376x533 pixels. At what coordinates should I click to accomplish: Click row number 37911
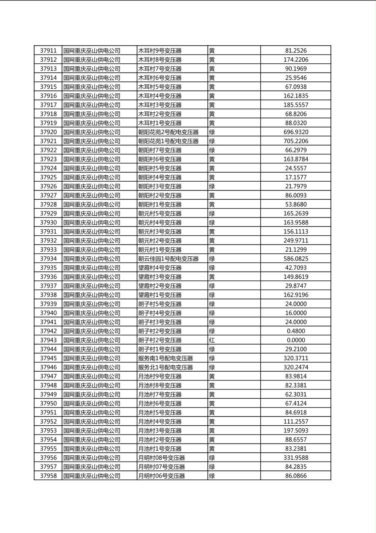48,51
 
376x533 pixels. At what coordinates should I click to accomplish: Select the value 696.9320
295,132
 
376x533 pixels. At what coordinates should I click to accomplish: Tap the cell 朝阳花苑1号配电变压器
168,141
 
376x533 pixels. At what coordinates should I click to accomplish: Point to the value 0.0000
295,340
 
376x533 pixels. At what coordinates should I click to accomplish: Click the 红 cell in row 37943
212,340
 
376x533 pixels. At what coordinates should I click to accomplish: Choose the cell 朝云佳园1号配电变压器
168,258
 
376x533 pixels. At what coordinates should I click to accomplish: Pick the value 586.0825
295,258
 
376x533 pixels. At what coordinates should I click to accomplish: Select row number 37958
48,476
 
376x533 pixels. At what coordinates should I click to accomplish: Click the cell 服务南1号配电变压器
165,358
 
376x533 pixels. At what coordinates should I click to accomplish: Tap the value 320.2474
295,367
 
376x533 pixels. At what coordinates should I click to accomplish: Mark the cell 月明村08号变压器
161,457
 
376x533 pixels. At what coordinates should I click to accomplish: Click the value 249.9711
295,241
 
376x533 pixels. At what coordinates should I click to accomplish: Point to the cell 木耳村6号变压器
160,78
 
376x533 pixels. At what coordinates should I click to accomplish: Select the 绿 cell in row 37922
212,150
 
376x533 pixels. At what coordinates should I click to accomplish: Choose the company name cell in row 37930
92,223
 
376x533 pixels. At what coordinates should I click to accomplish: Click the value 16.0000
295,313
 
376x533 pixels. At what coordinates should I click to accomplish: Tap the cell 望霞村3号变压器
160,277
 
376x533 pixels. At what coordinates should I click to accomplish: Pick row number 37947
48,376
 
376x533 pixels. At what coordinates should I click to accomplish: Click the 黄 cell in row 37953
212,430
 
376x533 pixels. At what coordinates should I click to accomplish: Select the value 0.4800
295,331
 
